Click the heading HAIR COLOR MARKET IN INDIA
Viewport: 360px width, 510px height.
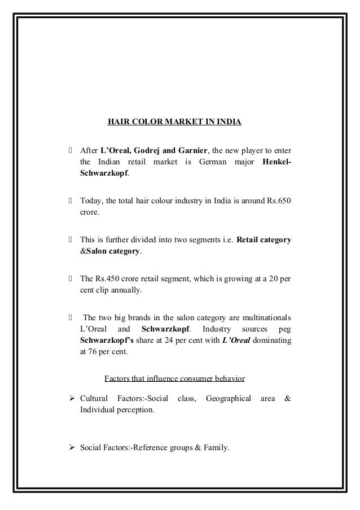pos(175,121)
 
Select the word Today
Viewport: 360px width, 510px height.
pos(90,202)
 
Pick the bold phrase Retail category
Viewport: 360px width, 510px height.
pos(264,238)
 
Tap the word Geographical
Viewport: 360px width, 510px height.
pos(229,398)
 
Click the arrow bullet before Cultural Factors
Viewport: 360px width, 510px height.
pos(71,398)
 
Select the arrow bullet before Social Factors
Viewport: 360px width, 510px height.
pos(71,450)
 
